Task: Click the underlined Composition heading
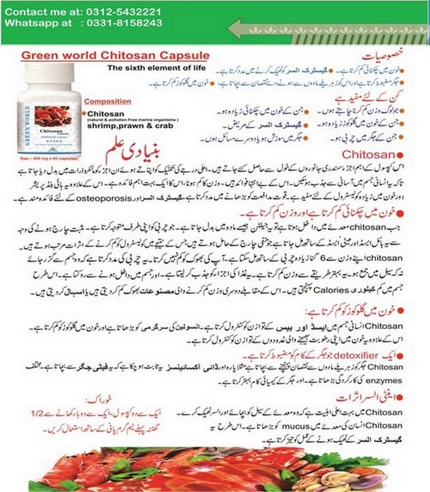click(x=107, y=101)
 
